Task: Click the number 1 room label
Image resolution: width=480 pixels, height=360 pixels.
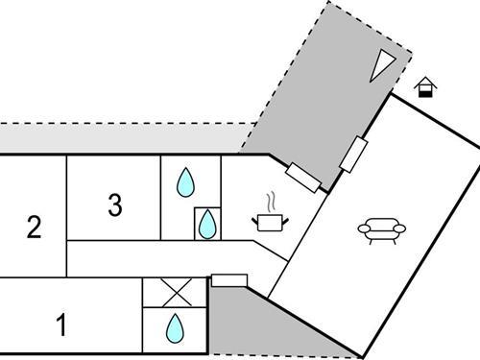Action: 61,326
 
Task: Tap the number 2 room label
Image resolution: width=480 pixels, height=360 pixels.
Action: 35,228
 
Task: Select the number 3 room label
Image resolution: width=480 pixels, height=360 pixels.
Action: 114,204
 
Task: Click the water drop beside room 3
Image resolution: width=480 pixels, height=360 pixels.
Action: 185,181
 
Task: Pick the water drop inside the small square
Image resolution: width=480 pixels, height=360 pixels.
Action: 207,225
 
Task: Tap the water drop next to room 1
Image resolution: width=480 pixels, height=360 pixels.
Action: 174,329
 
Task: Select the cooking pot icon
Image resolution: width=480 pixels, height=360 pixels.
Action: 270,223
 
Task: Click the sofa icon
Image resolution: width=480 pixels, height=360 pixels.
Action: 382,229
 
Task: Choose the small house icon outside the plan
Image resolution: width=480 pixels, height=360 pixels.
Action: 425,87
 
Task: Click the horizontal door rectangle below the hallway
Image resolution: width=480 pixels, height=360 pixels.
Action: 228,280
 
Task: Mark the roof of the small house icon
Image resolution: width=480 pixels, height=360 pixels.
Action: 425,82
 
